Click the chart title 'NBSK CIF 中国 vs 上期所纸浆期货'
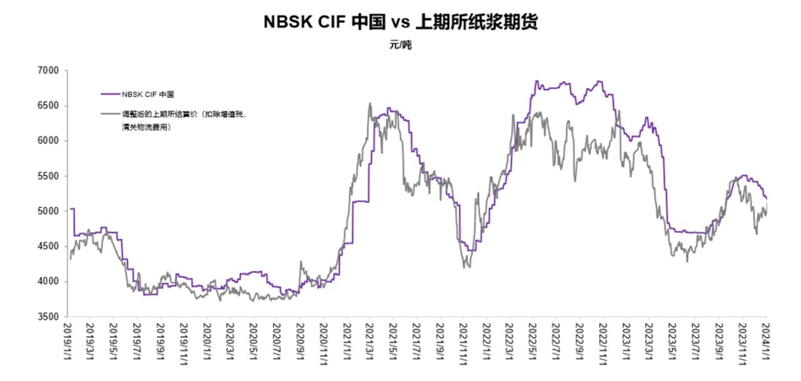400,22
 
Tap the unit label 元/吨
400,45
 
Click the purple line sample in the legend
110,94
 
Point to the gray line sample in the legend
110,114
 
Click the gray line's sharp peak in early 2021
370,103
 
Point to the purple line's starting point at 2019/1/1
71,209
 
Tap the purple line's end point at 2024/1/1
767,198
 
